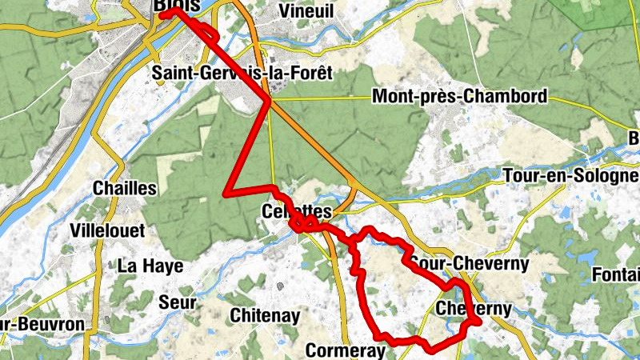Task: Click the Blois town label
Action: [172, 6]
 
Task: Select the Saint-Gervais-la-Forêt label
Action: [242, 74]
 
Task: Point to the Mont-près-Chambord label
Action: [459, 98]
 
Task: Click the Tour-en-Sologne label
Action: [570, 175]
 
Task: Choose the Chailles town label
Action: [125, 188]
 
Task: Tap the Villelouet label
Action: [108, 230]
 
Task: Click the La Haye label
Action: [150, 266]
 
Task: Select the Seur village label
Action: [177, 302]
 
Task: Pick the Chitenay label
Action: [265, 316]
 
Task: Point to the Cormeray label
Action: [346, 350]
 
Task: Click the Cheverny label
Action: [474, 309]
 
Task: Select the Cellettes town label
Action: [296, 212]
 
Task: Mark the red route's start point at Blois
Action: [162, 14]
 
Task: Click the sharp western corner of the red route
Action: [227, 193]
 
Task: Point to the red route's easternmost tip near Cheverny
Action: [478, 322]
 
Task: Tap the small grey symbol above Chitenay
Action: [280, 286]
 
